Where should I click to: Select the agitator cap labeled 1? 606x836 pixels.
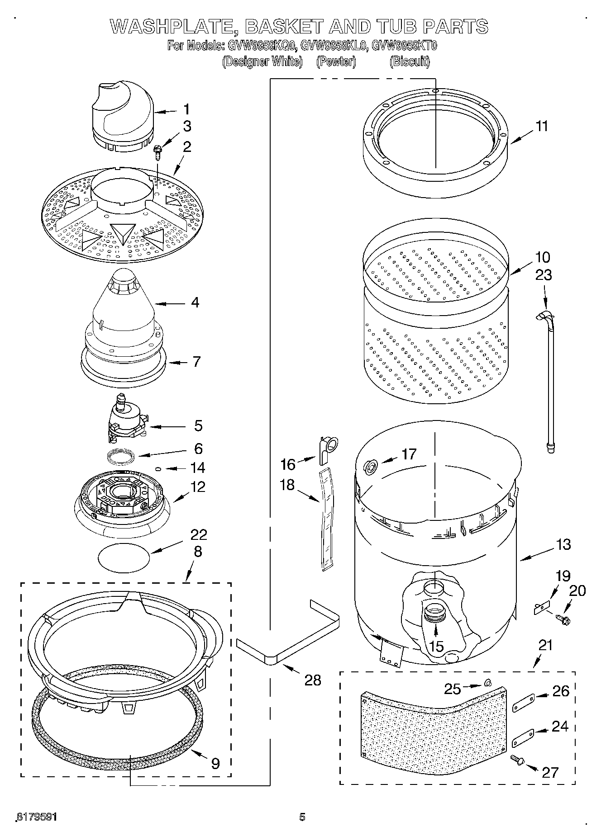(x=122, y=115)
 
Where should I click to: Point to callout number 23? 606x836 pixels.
(x=544, y=275)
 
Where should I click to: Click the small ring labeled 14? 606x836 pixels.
(x=158, y=469)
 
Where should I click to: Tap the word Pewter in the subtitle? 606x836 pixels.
(x=336, y=61)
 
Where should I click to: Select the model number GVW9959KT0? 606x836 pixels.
(x=404, y=45)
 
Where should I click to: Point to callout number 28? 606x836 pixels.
(x=312, y=680)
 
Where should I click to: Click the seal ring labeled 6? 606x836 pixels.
(x=123, y=456)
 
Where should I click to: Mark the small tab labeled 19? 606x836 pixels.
(x=542, y=606)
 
